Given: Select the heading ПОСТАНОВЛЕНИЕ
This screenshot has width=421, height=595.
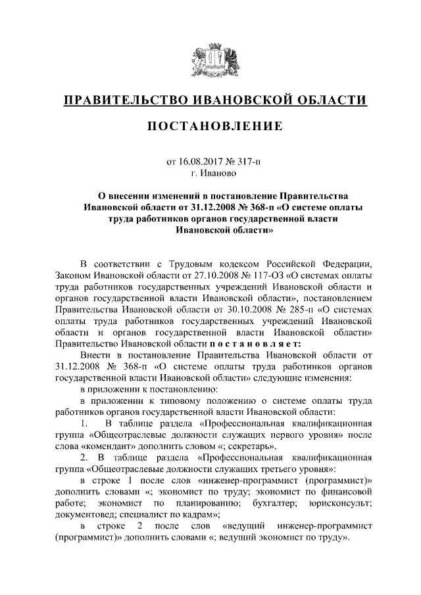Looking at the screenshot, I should [x=210, y=126].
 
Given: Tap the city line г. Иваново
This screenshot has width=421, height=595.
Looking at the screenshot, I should [x=210, y=173].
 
